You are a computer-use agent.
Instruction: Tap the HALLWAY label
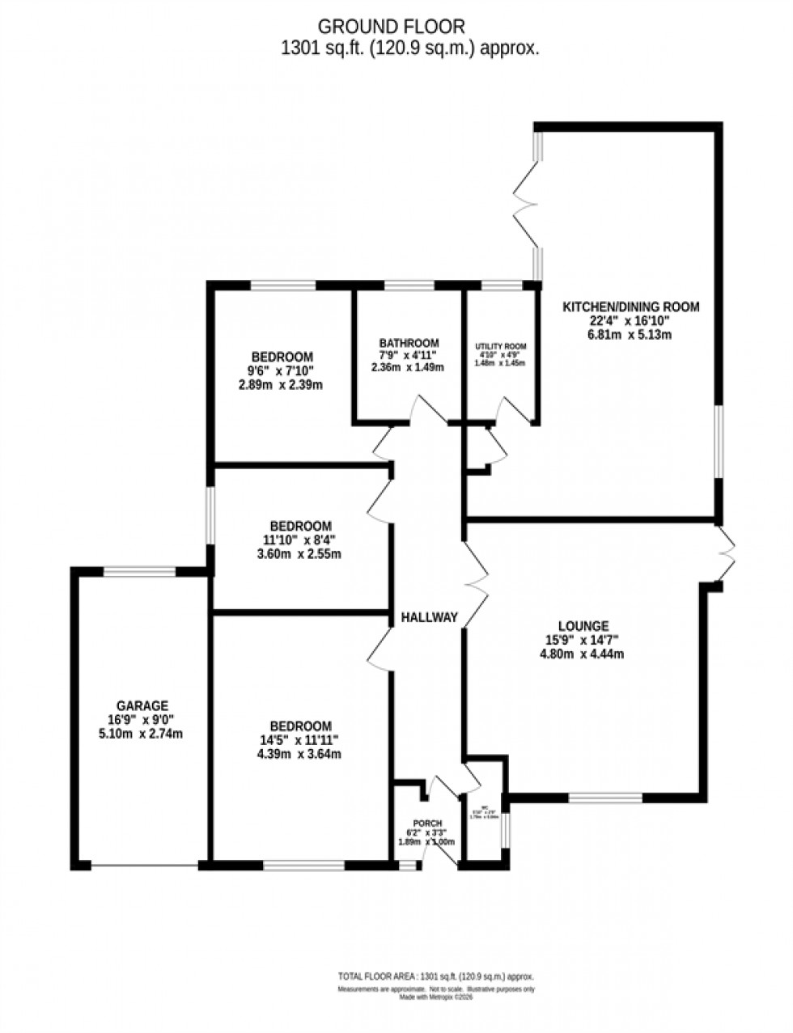430,617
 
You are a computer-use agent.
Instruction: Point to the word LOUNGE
583,625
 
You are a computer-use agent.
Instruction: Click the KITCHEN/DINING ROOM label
630,307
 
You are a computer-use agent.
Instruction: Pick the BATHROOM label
409,342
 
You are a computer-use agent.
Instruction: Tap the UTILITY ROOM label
500,346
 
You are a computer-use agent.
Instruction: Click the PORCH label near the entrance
426,823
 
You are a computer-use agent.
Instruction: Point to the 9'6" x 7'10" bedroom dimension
282,371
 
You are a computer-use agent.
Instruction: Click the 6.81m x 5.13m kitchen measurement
630,334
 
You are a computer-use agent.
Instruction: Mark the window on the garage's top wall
139,572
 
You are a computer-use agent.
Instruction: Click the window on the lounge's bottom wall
605,798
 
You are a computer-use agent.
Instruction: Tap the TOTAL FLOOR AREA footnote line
435,976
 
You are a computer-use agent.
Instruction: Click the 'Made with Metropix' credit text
435,997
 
